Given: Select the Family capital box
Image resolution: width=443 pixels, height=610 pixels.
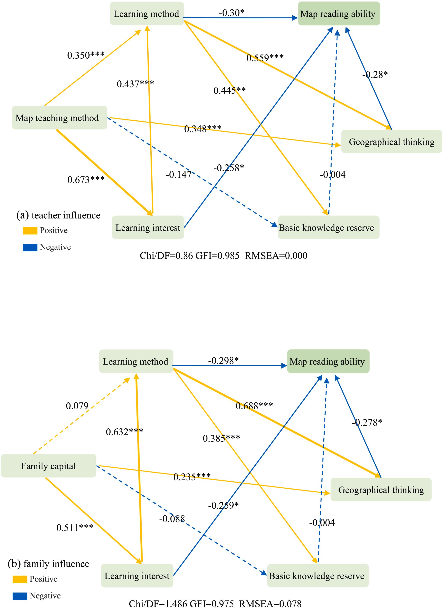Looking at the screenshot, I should point(48,466).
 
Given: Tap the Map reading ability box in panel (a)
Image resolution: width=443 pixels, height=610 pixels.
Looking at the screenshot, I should point(339,14).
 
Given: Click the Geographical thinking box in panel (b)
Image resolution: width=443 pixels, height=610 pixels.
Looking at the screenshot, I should point(381,490).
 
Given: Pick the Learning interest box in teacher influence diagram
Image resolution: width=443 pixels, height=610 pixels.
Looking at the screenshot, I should point(148,228).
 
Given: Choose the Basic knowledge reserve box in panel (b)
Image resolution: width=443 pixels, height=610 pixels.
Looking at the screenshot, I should point(318,576).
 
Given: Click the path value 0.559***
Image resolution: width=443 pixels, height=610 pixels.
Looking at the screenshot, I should point(265,58).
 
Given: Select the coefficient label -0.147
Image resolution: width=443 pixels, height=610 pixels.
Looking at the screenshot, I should point(178,175).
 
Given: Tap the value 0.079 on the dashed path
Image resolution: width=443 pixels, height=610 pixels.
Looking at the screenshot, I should point(77,406).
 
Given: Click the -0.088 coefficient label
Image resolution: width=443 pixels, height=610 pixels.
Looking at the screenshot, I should point(172,519).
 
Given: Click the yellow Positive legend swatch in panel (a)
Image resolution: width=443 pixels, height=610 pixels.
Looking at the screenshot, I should point(30,231).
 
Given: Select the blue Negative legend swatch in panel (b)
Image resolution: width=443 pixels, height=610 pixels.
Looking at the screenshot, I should point(20,596).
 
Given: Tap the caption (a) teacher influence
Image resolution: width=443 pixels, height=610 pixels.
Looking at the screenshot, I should point(58,215).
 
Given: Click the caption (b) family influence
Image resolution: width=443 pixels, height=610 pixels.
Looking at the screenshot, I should point(48,563).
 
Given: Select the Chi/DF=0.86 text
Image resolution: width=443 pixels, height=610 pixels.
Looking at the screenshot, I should point(166,255).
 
